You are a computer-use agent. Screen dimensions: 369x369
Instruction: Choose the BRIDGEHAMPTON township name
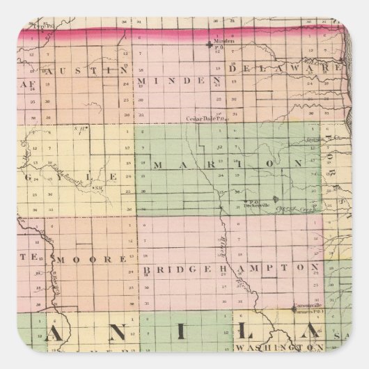(232, 267)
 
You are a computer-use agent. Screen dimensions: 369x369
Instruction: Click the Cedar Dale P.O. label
(204, 118)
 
